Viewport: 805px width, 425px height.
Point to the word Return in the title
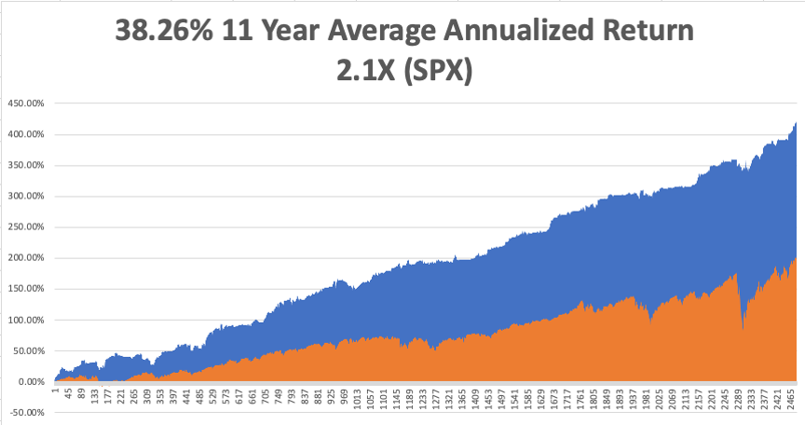tap(647, 31)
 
